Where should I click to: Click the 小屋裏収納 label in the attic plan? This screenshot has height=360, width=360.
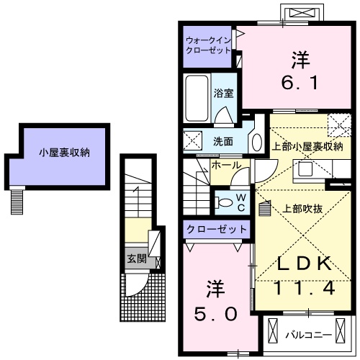coord(65,152)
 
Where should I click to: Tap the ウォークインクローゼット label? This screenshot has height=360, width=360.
coord(207,46)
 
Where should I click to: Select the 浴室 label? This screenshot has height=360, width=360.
coord(223,93)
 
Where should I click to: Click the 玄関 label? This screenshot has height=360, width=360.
coord(136,258)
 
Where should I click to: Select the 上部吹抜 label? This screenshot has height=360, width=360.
coord(302,209)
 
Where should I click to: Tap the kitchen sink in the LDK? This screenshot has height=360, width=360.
coord(303,171)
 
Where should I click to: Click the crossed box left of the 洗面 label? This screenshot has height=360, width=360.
coord(192,140)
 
